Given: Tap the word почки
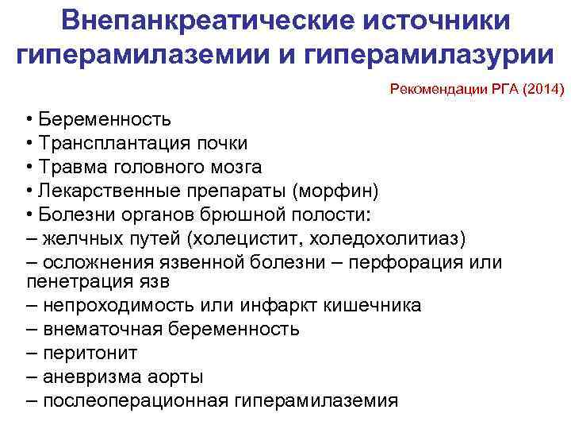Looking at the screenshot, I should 224,143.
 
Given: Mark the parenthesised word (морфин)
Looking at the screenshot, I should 335,191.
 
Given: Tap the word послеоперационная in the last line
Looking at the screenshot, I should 136,400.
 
